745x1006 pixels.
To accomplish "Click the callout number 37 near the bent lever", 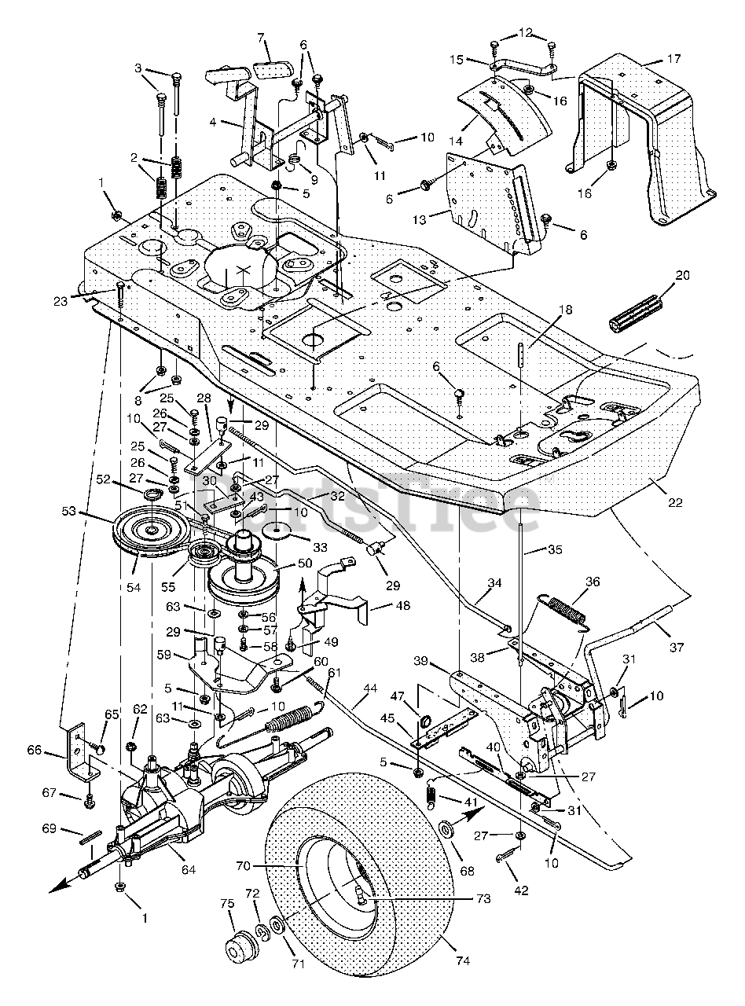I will [x=676, y=648].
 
